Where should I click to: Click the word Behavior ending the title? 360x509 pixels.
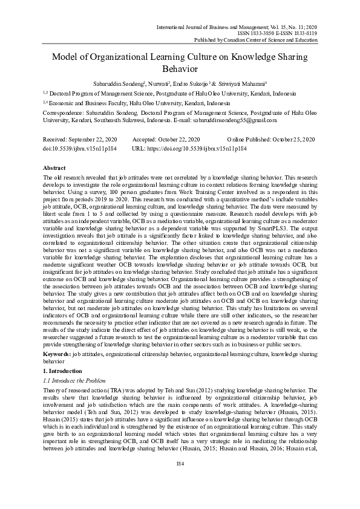click(180, 70)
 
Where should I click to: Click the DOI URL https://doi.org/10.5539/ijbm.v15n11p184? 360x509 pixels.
click(198, 148)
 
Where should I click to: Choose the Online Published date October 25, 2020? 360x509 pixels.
click(290, 140)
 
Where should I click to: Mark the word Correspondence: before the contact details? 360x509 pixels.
click(65, 112)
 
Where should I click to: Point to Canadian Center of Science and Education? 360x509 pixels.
click(270, 40)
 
